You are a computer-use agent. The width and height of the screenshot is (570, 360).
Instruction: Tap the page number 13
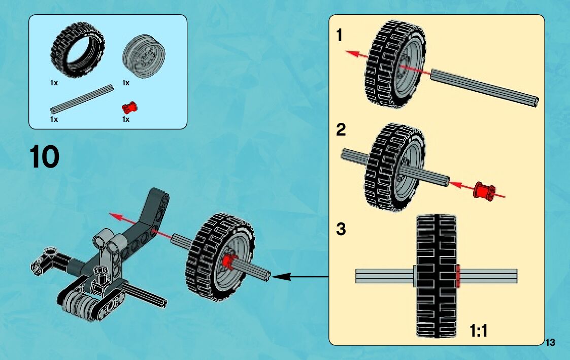[x=551, y=343]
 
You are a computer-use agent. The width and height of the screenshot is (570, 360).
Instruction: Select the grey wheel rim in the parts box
[x=144, y=56]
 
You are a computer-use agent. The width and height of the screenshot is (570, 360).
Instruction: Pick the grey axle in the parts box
[x=82, y=99]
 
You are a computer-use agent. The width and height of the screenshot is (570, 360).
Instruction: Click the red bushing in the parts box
[x=130, y=107]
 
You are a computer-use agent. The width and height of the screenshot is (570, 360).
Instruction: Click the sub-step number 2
[x=341, y=130]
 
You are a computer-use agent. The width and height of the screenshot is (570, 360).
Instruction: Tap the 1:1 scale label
[x=478, y=331]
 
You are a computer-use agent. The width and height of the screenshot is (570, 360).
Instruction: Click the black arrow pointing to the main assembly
[x=284, y=277]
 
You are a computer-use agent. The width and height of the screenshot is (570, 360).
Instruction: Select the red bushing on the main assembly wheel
[x=228, y=261]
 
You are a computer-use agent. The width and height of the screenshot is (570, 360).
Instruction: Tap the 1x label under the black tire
[x=54, y=83]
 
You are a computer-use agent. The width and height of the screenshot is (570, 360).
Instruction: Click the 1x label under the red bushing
[x=126, y=119]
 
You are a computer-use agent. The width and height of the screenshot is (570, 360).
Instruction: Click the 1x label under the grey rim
[x=126, y=83]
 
